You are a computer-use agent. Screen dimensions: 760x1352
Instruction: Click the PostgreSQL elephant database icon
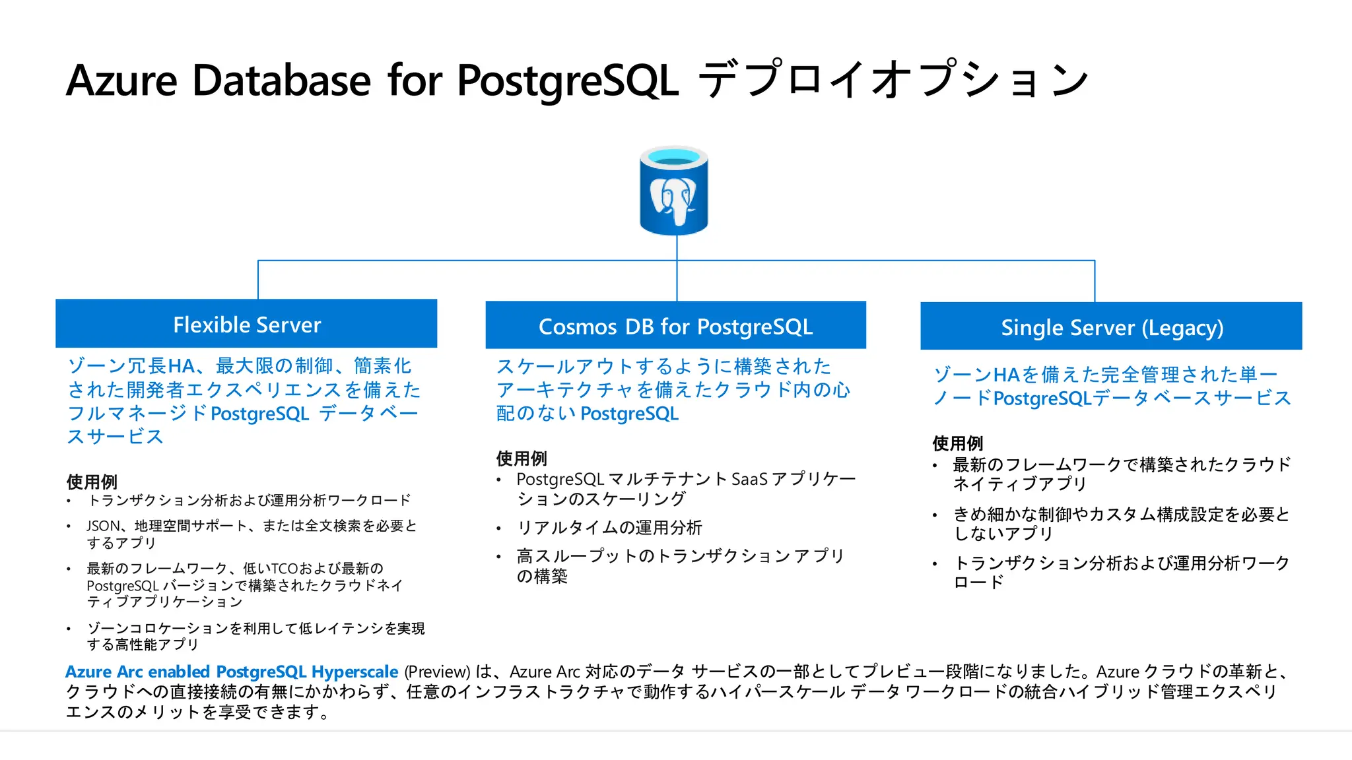674,191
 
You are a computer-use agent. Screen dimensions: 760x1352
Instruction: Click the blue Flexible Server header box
246,324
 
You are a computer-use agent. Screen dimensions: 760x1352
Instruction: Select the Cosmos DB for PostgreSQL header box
675,326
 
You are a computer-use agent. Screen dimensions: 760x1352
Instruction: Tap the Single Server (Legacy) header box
1111,327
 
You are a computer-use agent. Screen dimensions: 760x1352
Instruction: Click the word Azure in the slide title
121,81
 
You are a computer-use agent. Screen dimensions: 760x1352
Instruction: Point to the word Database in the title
281,81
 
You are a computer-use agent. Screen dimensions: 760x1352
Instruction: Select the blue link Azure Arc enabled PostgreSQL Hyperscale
231,672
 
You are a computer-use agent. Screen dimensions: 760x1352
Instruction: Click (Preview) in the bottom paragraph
437,672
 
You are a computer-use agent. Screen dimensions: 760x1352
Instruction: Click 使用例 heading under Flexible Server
92,482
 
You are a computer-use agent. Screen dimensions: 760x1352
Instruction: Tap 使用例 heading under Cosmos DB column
522,458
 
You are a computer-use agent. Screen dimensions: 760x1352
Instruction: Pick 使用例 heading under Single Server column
957,443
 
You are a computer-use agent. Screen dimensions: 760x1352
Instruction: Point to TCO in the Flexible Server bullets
285,569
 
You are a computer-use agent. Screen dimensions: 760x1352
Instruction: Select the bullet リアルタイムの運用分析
609,528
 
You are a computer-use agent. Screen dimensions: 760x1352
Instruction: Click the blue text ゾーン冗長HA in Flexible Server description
131,366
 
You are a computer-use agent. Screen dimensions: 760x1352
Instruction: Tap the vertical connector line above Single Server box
1095,281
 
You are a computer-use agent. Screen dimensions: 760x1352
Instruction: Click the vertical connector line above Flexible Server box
258,280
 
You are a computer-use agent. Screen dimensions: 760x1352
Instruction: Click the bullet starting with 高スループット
680,556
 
